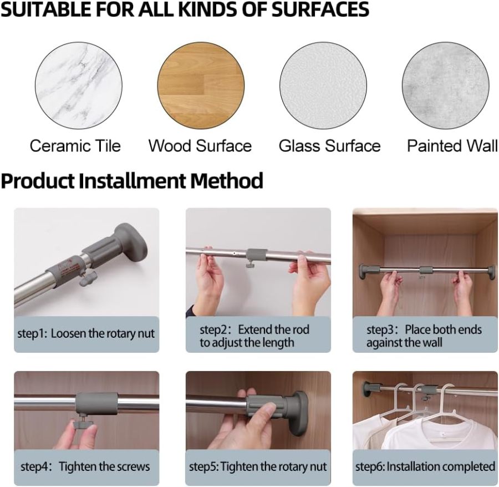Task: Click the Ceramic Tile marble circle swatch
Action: (78, 86)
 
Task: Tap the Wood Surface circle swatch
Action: (201, 86)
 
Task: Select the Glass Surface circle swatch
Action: (323, 86)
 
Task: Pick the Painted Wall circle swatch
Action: (445, 86)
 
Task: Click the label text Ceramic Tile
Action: (75, 146)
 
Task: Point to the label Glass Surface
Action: (329, 146)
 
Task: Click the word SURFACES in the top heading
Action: (320, 9)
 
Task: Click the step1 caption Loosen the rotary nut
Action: (86, 334)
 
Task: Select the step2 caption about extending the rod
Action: (254, 336)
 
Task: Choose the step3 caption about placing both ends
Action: (424, 336)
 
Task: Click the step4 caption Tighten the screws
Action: (85, 466)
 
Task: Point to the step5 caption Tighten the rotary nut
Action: (258, 466)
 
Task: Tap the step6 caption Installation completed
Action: (425, 466)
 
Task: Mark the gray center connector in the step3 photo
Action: (426, 271)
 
